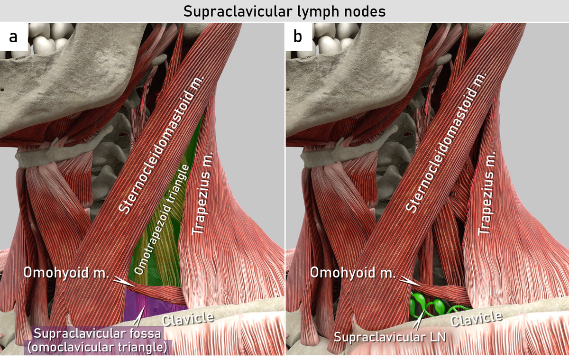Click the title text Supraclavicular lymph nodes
pos(284,11)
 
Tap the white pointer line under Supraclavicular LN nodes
pos(417,323)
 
